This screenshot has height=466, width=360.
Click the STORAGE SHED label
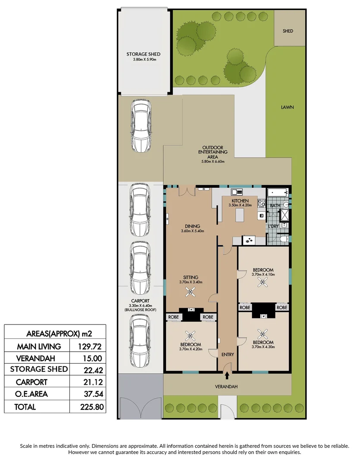pos(143,54)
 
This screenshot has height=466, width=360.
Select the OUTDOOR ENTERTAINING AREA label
pos(216,152)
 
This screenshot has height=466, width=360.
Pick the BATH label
pos(275,206)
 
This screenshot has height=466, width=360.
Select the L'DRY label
pos(273,227)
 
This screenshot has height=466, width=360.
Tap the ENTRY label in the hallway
pos(227,355)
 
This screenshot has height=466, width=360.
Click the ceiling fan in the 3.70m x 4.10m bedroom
pos(262,282)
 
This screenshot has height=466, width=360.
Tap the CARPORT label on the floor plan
pos(140,301)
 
